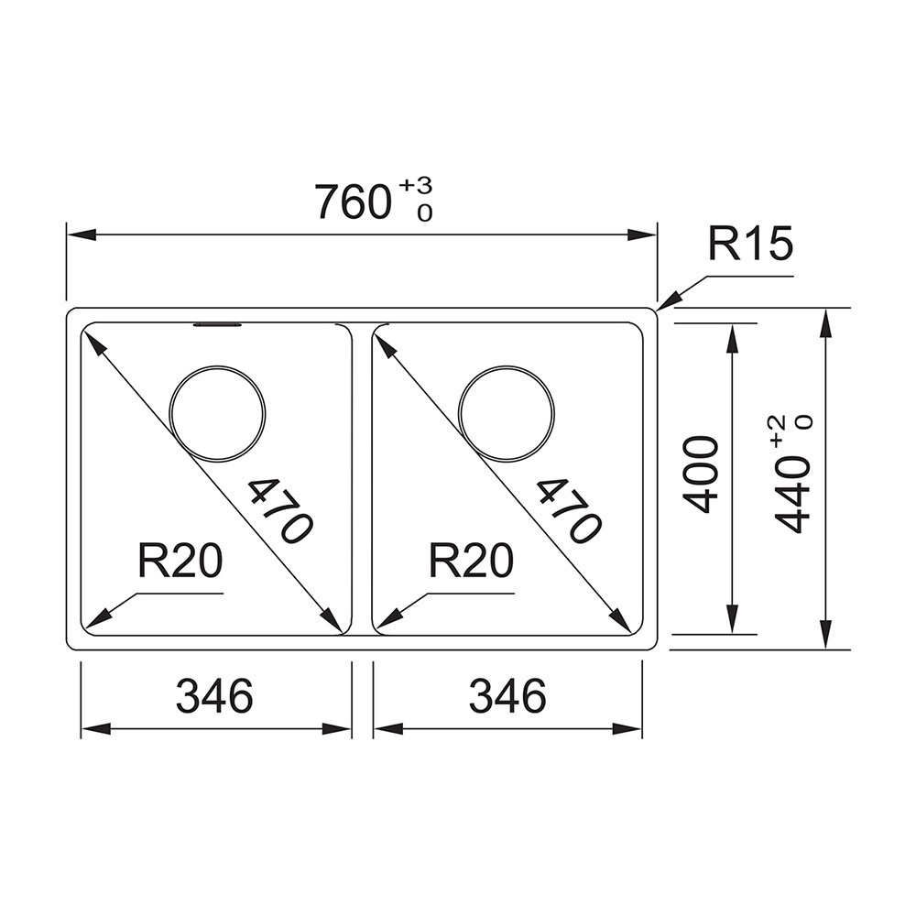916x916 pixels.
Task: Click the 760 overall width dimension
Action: click(x=353, y=202)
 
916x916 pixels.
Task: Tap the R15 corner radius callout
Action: click(x=751, y=244)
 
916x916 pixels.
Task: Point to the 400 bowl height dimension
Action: click(x=700, y=474)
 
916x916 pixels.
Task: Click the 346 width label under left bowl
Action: click(x=214, y=695)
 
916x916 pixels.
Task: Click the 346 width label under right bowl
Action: click(x=507, y=695)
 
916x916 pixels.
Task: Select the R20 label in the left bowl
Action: click(x=180, y=560)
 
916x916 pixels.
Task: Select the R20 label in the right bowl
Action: click(x=472, y=560)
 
